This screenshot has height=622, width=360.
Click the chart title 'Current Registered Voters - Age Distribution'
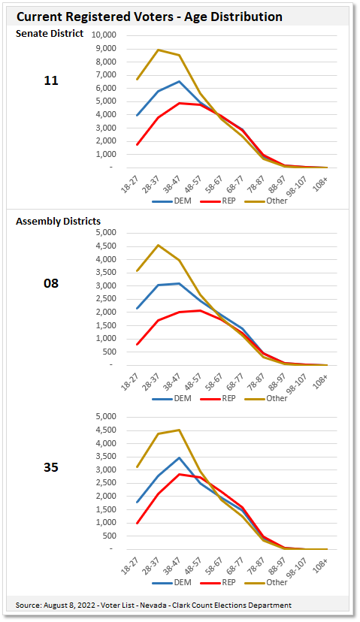coord(150,17)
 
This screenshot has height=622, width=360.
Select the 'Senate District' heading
coord(50,34)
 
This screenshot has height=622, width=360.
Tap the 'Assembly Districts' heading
coord(59,221)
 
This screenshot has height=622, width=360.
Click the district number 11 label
coord(51,80)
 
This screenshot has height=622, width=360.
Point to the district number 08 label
coord(51,283)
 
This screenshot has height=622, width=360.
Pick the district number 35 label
coord(51,467)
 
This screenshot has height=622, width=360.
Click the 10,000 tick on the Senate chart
coord(102,35)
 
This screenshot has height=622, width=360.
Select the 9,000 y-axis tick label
coord(104,49)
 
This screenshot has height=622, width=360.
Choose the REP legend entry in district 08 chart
coord(220,398)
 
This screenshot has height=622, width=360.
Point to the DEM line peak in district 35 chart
coord(179,457)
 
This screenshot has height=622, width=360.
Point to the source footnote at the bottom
coord(153,605)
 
